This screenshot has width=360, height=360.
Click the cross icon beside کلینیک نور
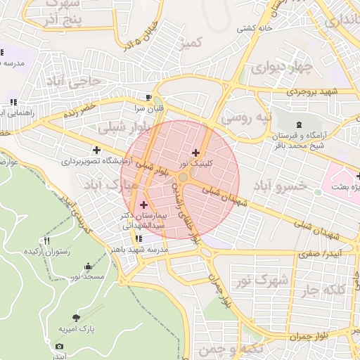click(195, 153)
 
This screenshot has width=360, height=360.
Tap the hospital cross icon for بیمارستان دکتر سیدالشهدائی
click(144, 205)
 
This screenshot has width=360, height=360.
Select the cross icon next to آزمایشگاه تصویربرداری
click(96, 149)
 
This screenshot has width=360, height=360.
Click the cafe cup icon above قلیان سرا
click(148, 97)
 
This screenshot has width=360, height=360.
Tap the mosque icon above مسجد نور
click(87, 266)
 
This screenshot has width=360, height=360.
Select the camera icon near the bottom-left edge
click(59, 346)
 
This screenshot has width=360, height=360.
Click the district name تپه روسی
click(245, 118)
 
